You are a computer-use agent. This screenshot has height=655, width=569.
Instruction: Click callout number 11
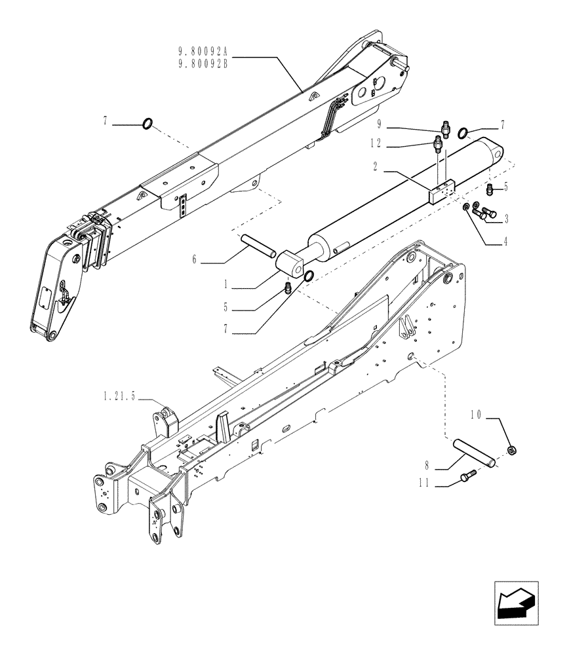[426, 486]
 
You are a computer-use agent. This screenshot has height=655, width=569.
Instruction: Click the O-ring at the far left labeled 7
[147, 122]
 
